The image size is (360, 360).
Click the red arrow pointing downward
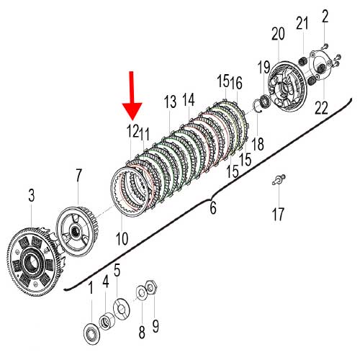pos(132,96)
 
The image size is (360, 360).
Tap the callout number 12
pos(132,131)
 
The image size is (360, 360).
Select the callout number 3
pos(32,195)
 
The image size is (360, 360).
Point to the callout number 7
pos(78,175)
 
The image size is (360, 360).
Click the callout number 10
pos(122,238)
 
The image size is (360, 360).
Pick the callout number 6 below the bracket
pos(213,207)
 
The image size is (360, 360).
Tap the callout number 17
pos(278,214)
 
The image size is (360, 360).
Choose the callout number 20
pos(278,34)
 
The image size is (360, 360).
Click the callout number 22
pos(321,108)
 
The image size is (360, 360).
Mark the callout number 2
pos(325,16)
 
